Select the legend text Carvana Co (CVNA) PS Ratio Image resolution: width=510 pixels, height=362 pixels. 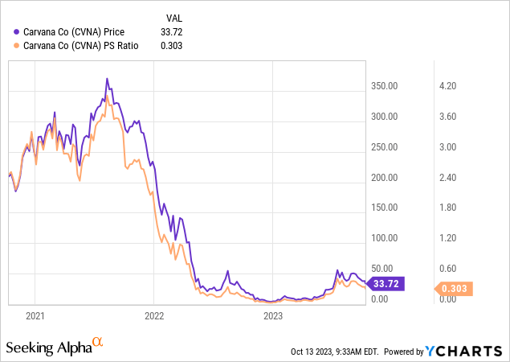pos(81,46)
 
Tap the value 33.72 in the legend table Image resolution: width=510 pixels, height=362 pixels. pos(173,32)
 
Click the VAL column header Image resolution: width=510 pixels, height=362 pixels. pos(173,16)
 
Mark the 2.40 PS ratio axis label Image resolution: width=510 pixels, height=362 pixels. pos(447,177)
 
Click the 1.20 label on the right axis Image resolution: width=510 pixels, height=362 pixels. pos(447,238)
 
